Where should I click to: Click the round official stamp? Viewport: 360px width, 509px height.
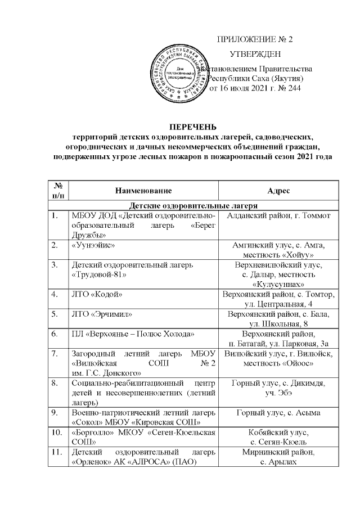[181, 74]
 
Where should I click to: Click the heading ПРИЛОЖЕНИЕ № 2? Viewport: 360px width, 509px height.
[255, 39]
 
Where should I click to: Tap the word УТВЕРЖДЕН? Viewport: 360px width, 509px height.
[255, 54]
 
